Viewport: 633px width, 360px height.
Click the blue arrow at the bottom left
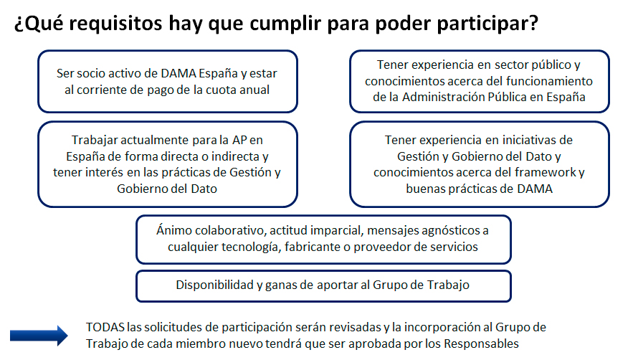coord(39,336)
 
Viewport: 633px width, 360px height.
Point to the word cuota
coord(220,90)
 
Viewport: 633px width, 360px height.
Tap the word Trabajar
coord(94,141)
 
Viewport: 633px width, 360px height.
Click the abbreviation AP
coord(239,140)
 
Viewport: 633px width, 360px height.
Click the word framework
coord(546,173)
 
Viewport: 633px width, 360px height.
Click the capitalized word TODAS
coord(105,327)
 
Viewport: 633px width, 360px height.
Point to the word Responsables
coord(481,344)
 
